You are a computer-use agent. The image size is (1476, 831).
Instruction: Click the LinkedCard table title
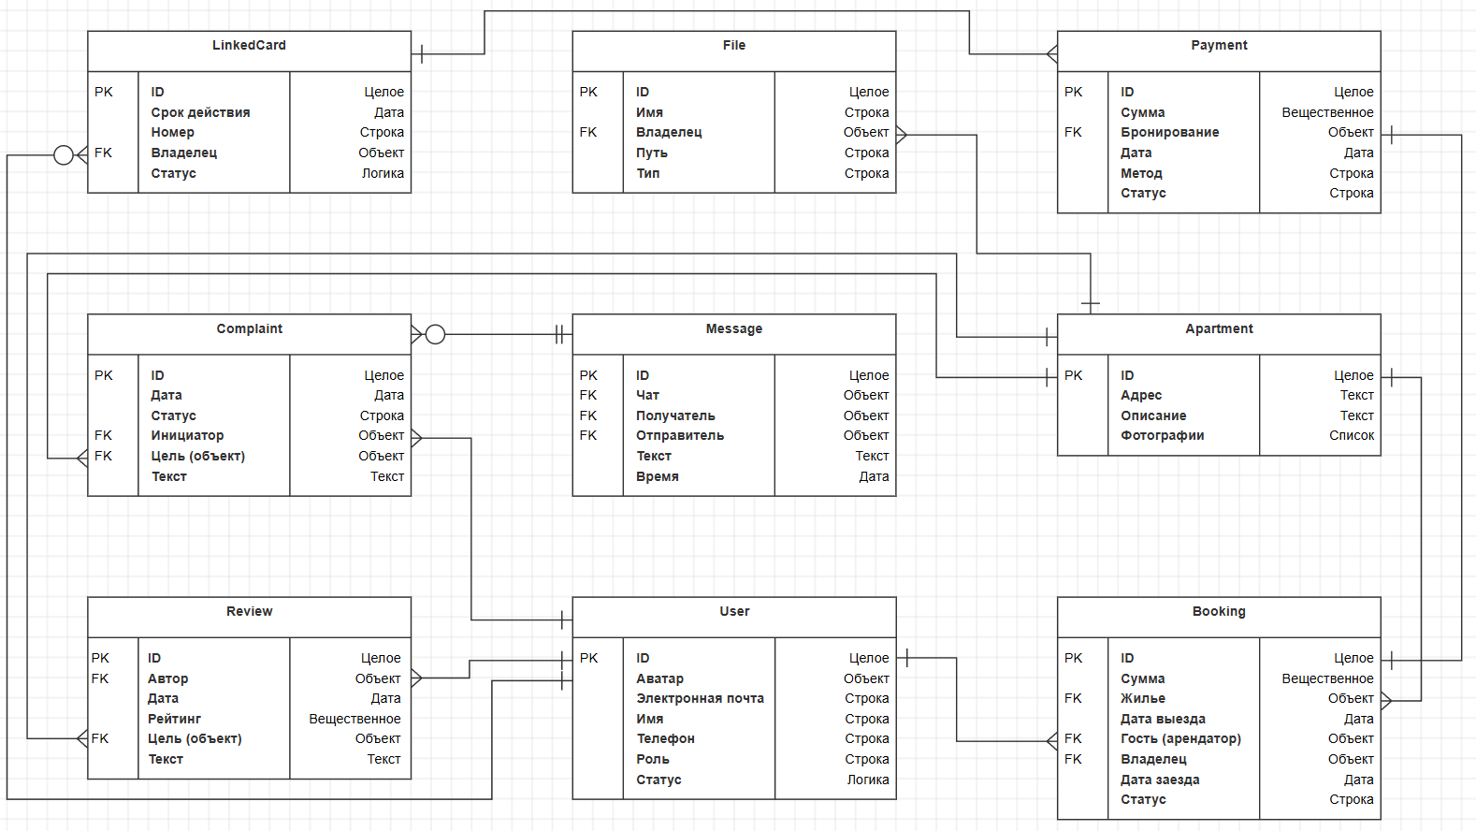249,46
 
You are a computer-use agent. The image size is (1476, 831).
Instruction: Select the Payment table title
1219,46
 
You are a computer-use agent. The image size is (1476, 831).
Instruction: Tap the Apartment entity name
1219,329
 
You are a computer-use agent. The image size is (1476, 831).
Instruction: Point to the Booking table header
1219,612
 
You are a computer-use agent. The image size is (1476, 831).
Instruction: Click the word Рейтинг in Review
174,719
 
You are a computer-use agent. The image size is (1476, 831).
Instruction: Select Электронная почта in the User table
700,698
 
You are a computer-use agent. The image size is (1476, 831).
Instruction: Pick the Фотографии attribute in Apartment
1162,435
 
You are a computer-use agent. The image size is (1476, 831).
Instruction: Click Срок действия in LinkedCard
200,112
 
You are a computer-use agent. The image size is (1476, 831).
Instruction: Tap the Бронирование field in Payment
1169,132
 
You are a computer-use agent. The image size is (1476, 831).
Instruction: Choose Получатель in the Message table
675,415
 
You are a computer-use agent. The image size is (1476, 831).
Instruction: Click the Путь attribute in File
651,153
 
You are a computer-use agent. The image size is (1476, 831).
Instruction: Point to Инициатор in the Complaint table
187,435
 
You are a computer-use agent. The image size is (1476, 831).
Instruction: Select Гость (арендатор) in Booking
1180,738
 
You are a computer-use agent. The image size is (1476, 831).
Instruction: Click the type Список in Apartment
1352,435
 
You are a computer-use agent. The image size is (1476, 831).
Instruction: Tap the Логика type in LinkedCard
383,173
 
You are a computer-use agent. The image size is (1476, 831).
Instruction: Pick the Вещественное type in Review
355,719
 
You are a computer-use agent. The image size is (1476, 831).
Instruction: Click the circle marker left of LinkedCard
64,154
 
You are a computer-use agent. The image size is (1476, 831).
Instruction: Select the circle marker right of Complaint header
435,334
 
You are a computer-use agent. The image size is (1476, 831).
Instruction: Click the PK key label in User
588,658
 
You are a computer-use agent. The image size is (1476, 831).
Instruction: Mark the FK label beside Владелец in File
587,132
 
